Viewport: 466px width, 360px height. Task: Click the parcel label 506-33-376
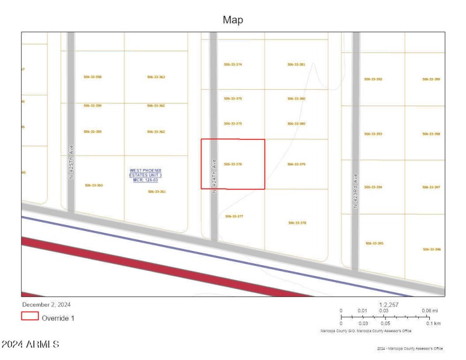(x=232, y=164)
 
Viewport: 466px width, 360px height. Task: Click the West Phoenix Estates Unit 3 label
(x=146, y=175)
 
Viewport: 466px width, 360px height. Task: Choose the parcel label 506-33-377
(x=234, y=216)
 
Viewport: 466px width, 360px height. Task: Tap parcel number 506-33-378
(x=296, y=223)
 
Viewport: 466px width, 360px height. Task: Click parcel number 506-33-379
(x=296, y=164)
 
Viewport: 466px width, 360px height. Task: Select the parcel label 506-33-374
(x=232, y=64)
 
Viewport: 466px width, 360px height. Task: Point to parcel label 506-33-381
(x=296, y=64)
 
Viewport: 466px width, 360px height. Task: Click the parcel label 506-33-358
(x=93, y=76)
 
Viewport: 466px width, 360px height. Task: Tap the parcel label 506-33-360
(x=93, y=185)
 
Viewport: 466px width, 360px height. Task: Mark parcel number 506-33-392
(x=373, y=79)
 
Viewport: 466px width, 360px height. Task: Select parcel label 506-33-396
(x=431, y=249)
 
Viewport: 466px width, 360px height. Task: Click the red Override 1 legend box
(x=30, y=317)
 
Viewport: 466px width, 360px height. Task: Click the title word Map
(x=233, y=20)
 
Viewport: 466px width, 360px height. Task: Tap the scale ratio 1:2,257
(x=388, y=304)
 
